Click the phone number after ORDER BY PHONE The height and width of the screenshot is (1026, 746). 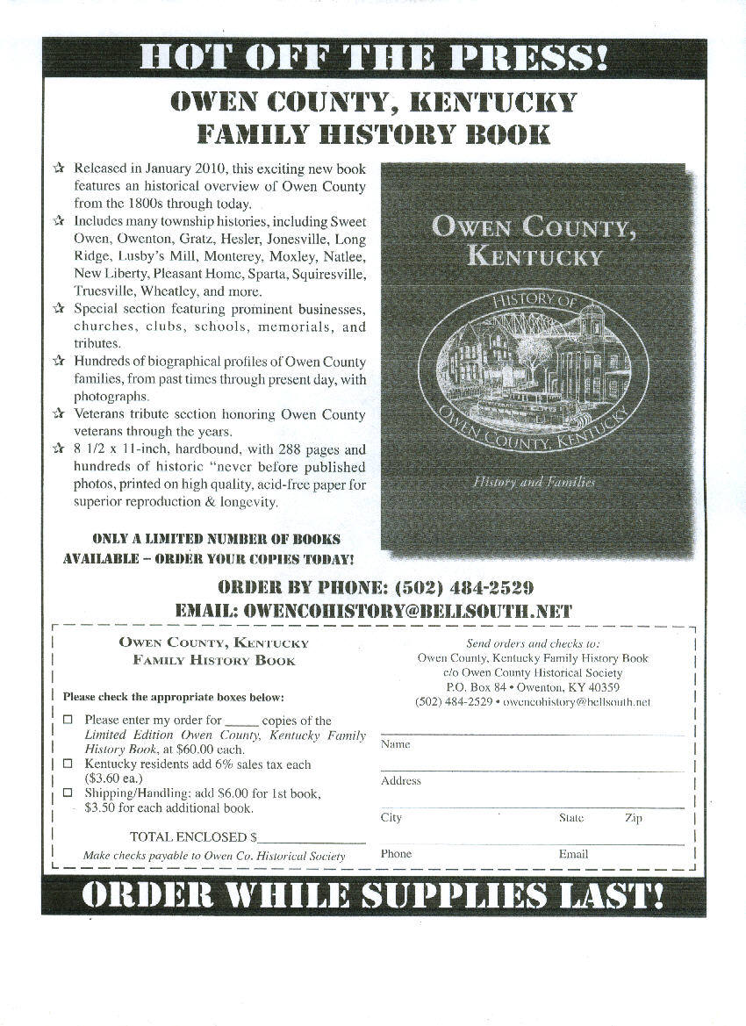[464, 587]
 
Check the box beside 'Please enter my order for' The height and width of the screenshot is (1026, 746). [68, 720]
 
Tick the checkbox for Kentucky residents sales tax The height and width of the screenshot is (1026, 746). [68, 764]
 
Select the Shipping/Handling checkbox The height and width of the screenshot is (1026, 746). [68, 793]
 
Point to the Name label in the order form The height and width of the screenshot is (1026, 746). [395, 744]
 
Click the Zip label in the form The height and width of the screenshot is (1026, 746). [633, 818]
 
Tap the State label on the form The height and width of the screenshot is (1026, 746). [571, 818]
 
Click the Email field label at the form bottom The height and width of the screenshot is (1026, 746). [573, 854]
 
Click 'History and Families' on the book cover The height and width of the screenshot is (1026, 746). [534, 482]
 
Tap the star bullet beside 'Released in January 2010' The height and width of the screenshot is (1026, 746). [59, 168]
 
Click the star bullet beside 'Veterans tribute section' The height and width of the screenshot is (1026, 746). [59, 413]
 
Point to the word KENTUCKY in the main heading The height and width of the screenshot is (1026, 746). [494, 102]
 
